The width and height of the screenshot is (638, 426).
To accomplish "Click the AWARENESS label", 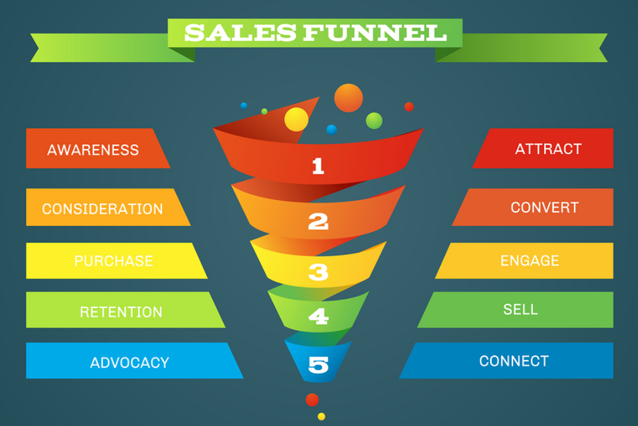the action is pyautogui.click(x=93, y=150).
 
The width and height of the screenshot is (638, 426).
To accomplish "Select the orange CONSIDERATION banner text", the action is pyautogui.click(x=102, y=208).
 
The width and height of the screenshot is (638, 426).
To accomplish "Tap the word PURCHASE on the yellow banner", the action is pyautogui.click(x=113, y=261).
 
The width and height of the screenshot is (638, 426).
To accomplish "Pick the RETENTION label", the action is pyautogui.click(x=121, y=312).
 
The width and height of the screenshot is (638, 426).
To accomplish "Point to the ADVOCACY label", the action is pyautogui.click(x=130, y=363).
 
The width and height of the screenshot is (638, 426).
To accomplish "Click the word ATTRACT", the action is pyautogui.click(x=548, y=149).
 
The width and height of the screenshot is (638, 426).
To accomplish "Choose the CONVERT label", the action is pyautogui.click(x=545, y=208).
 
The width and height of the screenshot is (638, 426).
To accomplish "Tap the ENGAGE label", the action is pyautogui.click(x=529, y=260).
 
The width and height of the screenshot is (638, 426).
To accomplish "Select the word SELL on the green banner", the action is pyautogui.click(x=520, y=309).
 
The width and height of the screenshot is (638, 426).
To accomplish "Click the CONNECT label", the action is pyautogui.click(x=514, y=361).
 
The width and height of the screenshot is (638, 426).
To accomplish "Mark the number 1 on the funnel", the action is pyautogui.click(x=318, y=166).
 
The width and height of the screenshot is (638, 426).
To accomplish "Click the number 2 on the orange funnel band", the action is pyautogui.click(x=318, y=222).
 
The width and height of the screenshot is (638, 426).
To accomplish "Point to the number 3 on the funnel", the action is pyautogui.click(x=318, y=273).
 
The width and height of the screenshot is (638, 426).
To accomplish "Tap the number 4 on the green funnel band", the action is pyautogui.click(x=318, y=317).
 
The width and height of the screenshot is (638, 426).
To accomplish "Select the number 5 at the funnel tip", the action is pyautogui.click(x=318, y=364).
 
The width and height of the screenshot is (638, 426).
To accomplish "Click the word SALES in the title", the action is pyautogui.click(x=240, y=32).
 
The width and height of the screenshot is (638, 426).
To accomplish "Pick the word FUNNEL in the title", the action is pyautogui.click(x=375, y=32).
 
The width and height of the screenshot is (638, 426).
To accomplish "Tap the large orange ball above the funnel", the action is pyautogui.click(x=348, y=98).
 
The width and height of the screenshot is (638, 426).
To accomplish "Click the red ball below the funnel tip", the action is pyautogui.click(x=312, y=400).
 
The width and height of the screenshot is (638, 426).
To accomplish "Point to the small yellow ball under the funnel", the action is pyautogui.click(x=321, y=417).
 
